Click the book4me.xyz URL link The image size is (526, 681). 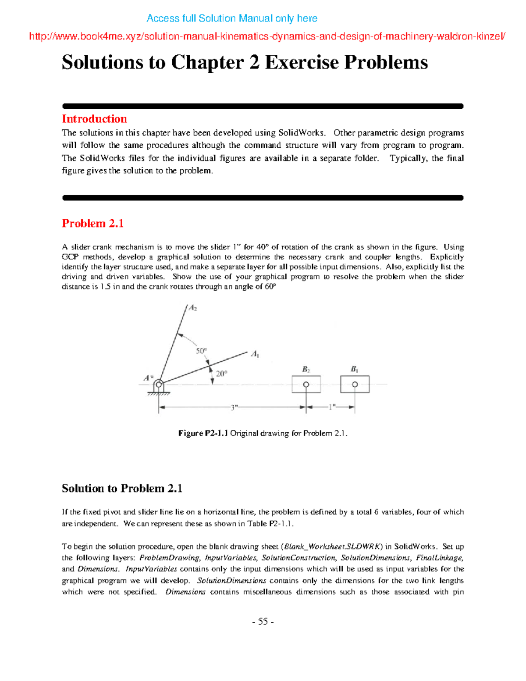pyautogui.click(x=267, y=36)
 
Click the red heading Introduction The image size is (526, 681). pyautogui.click(x=94, y=119)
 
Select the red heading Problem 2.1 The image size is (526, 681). pyautogui.click(x=92, y=224)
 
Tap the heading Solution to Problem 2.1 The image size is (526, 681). pyautogui.click(x=122, y=488)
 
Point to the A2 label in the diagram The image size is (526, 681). pyautogui.click(x=193, y=308)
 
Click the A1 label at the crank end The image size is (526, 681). pyautogui.click(x=255, y=354)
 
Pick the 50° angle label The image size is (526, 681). pyautogui.click(x=201, y=351)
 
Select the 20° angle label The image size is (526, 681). pyautogui.click(x=221, y=374)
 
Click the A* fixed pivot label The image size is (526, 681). pyautogui.click(x=149, y=378)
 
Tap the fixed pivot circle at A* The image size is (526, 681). pyautogui.click(x=159, y=385)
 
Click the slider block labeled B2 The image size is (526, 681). pyautogui.click(x=306, y=385)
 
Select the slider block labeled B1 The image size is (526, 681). pyautogui.click(x=355, y=385)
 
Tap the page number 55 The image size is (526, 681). pyautogui.click(x=263, y=621)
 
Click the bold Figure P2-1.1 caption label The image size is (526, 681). pyautogui.click(x=203, y=433)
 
